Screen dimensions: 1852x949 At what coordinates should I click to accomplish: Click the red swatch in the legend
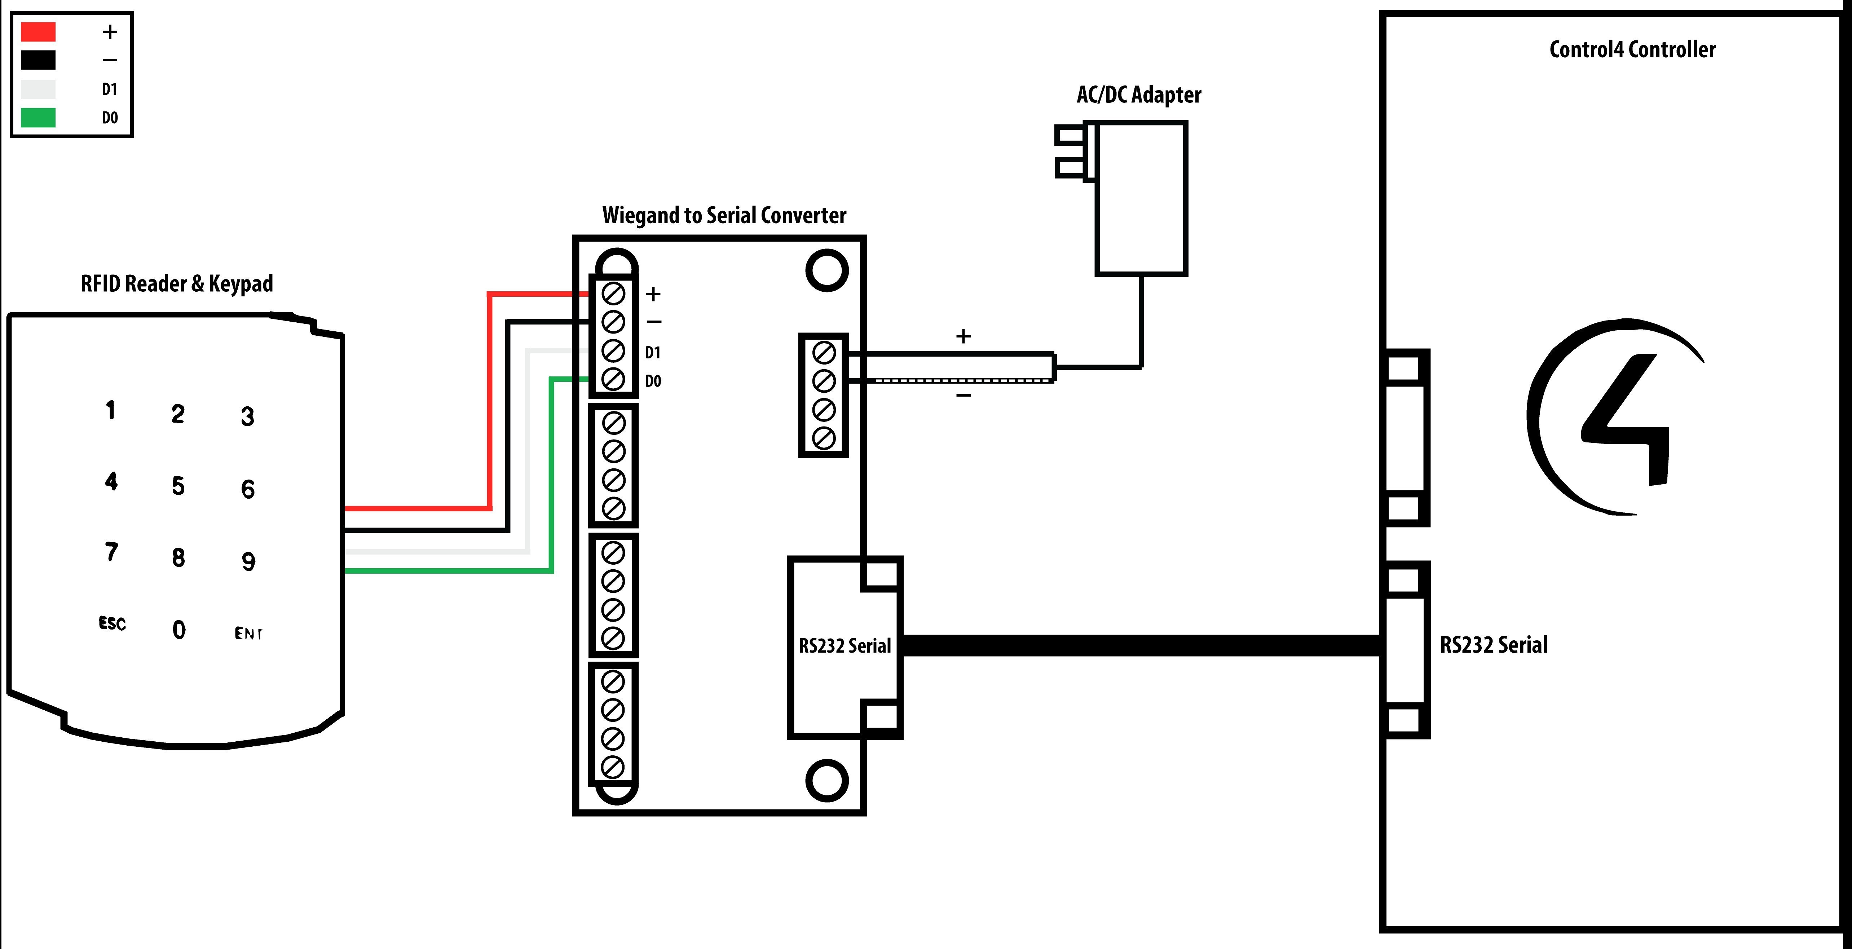point(38,32)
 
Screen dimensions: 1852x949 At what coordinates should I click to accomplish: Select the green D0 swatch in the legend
point(38,117)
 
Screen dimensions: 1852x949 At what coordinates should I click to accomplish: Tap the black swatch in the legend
point(38,59)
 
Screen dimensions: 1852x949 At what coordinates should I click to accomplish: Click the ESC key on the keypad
point(112,623)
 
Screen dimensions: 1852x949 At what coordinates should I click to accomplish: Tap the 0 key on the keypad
point(179,630)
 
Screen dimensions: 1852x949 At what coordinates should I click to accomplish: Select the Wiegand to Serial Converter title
point(724,215)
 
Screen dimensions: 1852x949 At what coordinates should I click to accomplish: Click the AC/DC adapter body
point(1141,198)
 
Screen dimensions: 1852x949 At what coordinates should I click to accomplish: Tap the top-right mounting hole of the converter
point(827,270)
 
